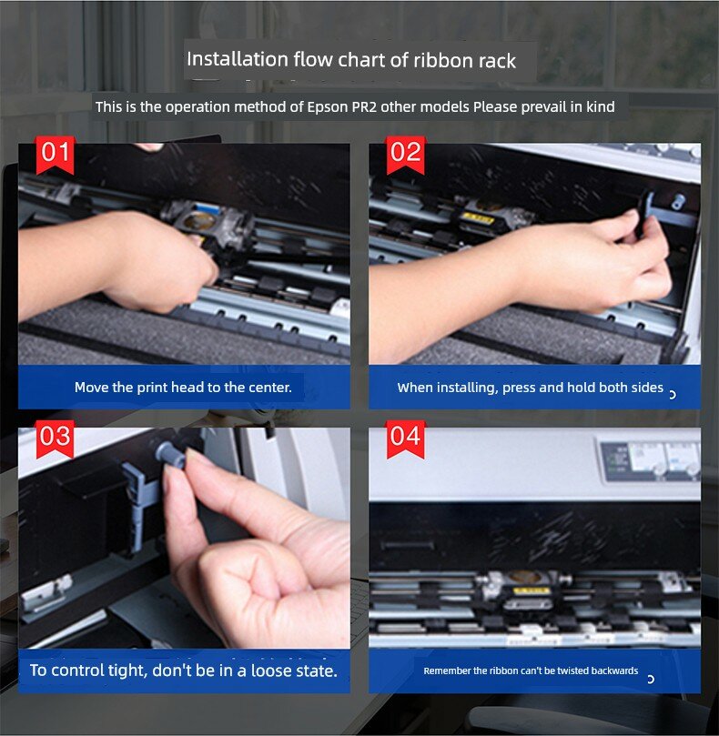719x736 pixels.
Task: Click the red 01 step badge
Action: (55, 156)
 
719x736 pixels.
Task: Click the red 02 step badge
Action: (405, 156)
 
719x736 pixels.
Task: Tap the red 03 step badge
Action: (55, 439)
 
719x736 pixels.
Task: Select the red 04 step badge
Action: (405, 439)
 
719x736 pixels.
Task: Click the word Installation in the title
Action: (238, 60)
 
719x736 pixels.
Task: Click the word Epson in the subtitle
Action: (328, 107)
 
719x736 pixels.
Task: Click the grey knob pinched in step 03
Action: (171, 454)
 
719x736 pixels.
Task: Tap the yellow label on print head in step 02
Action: (478, 217)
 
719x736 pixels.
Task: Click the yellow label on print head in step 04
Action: (528, 590)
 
